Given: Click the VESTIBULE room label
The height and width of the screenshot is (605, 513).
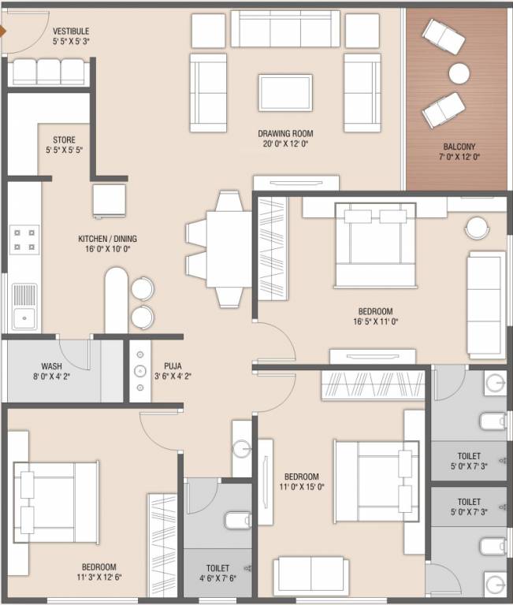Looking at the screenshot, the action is pyautogui.click(x=71, y=32).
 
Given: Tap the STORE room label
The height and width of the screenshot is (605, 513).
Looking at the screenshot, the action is pyautogui.click(x=64, y=139).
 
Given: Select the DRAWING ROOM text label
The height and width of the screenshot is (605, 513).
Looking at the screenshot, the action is pyautogui.click(x=285, y=134).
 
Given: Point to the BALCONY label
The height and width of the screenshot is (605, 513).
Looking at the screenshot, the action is pyautogui.click(x=459, y=147).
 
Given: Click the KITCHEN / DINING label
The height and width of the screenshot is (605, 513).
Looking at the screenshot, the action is pyautogui.click(x=108, y=239).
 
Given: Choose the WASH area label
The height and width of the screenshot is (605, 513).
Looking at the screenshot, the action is pyautogui.click(x=51, y=366).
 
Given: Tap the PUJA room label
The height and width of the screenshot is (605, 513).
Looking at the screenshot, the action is pyautogui.click(x=173, y=366).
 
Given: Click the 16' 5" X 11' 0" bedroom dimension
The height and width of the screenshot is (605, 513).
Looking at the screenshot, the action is pyautogui.click(x=376, y=321).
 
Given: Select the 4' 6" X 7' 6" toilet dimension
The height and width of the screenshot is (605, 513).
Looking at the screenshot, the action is pyautogui.click(x=217, y=578).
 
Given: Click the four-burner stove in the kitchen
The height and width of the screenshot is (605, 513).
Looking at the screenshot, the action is pyautogui.click(x=24, y=239).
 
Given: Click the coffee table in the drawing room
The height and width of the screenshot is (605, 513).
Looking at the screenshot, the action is pyautogui.click(x=285, y=93).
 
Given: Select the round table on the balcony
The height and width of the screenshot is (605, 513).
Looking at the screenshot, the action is pyautogui.click(x=459, y=73).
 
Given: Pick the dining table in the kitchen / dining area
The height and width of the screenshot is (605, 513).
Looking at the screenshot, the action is pyautogui.click(x=229, y=249).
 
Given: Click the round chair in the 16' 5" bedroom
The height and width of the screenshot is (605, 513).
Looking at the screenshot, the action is pyautogui.click(x=477, y=228).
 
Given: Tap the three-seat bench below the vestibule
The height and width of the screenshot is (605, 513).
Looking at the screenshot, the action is pyautogui.click(x=49, y=72).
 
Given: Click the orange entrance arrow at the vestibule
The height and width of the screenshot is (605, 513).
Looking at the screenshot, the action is pyautogui.click(x=3, y=32).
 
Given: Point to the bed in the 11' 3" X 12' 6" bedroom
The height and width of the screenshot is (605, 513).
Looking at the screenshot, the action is pyautogui.click(x=56, y=503).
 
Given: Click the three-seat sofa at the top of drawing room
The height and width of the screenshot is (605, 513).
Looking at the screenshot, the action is pyautogui.click(x=285, y=28).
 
